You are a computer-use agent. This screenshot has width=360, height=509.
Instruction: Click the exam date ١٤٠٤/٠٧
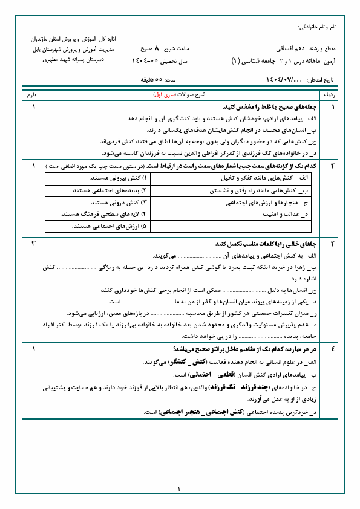click(x=278, y=80)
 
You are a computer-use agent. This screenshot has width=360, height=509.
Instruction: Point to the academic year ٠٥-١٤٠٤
click(x=145, y=61)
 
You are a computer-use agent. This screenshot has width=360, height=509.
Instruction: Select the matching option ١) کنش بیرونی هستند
click(x=118, y=180)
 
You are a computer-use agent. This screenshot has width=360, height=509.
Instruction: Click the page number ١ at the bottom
click(x=180, y=490)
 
